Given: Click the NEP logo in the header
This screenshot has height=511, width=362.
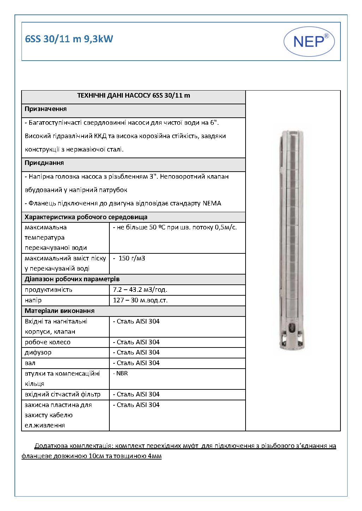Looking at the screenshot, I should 309,42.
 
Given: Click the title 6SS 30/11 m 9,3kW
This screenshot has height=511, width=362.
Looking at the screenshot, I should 69,39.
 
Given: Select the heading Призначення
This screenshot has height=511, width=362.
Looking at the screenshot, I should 46,109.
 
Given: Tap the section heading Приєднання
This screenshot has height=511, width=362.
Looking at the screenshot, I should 44,163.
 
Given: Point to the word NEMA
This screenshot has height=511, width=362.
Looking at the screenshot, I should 212,203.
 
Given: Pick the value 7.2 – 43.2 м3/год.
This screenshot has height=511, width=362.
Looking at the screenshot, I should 140,290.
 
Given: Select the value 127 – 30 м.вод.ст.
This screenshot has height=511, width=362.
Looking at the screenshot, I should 140,300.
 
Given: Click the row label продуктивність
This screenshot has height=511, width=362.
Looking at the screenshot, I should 48,290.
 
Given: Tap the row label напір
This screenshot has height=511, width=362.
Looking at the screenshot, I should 33,300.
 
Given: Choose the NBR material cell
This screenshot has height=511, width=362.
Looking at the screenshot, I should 122,374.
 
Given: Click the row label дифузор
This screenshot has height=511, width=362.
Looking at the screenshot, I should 38,352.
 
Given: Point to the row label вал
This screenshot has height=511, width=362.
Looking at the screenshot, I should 30,363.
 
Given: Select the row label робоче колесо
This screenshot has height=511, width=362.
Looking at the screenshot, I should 48,342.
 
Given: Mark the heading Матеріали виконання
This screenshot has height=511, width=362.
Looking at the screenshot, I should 59,311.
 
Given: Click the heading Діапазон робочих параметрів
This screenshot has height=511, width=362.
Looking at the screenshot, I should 72,279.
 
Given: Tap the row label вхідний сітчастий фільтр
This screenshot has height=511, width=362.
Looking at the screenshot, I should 62,394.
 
